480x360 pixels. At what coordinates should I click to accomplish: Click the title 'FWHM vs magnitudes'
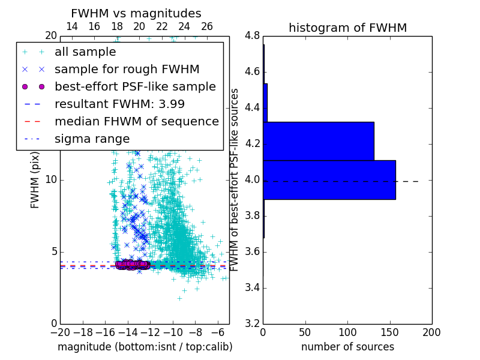[x=136, y=13]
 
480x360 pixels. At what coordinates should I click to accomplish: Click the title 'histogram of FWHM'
[x=347, y=28]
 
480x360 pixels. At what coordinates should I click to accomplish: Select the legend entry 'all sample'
[x=85, y=52]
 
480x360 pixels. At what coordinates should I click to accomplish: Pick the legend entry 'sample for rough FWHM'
[x=127, y=69]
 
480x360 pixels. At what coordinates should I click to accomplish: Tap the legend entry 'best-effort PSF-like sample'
[x=135, y=86]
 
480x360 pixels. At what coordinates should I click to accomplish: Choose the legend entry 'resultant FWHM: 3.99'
[x=124, y=104]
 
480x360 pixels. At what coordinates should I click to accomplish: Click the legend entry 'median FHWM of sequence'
[x=136, y=121]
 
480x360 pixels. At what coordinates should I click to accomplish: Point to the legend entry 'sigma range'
[x=92, y=139]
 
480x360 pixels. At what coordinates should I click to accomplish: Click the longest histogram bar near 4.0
[x=329, y=179]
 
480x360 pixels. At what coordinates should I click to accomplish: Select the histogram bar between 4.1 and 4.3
[x=319, y=141]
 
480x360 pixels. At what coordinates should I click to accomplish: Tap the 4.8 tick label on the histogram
[x=252, y=36]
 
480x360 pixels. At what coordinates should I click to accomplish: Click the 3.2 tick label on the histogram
[x=252, y=323]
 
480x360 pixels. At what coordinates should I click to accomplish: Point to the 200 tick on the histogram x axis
[x=431, y=332]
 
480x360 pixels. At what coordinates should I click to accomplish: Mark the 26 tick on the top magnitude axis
[x=207, y=26]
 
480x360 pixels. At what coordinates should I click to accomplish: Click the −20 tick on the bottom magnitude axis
[x=60, y=332]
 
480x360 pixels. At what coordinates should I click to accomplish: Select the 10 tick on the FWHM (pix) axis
[x=51, y=180]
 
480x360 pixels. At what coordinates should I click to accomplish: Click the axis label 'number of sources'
[x=347, y=347]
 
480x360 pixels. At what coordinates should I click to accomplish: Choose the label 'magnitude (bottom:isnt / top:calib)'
[x=145, y=347]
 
